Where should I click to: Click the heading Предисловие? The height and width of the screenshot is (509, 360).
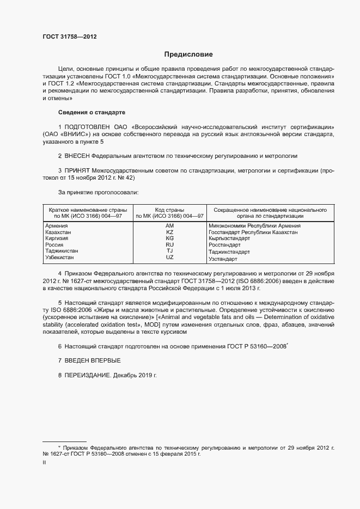click(x=188, y=54)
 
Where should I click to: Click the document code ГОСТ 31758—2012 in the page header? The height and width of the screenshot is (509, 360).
click(x=69, y=37)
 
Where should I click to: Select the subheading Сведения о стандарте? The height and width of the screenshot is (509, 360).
click(x=91, y=112)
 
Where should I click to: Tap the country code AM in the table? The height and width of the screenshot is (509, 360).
click(x=169, y=225)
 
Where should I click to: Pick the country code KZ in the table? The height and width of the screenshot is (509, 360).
click(x=169, y=232)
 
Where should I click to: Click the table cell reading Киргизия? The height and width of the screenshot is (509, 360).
click(x=57, y=238)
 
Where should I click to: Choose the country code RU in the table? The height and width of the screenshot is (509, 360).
click(x=169, y=245)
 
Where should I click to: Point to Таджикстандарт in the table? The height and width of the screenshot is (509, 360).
click(x=229, y=252)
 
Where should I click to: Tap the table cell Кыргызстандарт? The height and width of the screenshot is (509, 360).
click(x=229, y=238)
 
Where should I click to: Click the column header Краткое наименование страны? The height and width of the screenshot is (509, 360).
click(x=88, y=210)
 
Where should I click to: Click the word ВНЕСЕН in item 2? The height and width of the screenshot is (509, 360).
click(x=77, y=156)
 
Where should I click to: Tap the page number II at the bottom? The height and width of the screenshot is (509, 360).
click(x=44, y=463)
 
